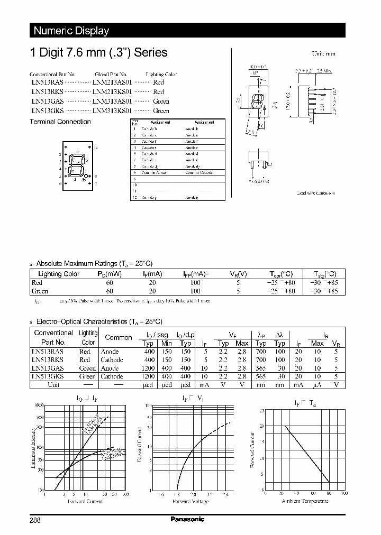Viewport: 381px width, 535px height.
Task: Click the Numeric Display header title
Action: click(x=71, y=31)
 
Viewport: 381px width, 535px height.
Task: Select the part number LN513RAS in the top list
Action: click(x=47, y=82)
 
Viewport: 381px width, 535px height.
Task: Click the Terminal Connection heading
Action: click(x=60, y=122)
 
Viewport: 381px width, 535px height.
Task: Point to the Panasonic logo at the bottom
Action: click(x=187, y=519)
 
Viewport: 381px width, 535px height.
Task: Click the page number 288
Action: click(x=35, y=520)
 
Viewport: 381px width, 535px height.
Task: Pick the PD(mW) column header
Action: click(x=110, y=274)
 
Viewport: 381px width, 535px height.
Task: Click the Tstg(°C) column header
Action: click(x=323, y=274)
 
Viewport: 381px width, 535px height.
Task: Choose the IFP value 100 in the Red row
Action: click(x=195, y=283)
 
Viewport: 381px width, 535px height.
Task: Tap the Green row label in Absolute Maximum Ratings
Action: click(x=40, y=291)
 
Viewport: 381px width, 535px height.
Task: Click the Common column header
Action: click(x=119, y=337)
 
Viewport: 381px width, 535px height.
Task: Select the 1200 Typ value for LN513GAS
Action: click(x=149, y=368)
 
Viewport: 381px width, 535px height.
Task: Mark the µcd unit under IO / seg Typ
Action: click(x=149, y=385)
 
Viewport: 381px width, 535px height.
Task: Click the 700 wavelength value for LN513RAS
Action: click(x=261, y=352)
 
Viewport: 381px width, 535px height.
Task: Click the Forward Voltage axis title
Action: click(x=190, y=501)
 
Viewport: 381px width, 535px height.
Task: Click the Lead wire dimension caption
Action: click(x=315, y=193)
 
